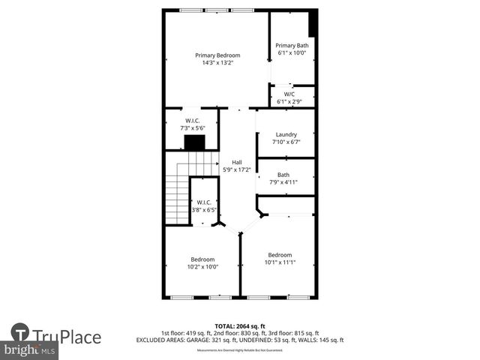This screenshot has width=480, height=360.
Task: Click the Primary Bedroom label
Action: click(217, 55)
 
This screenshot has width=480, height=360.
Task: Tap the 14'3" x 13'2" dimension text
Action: click(217, 63)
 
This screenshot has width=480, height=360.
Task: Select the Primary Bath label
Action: click(292, 46)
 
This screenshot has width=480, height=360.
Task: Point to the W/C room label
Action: click(289, 94)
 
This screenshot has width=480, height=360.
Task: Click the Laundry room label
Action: click(286, 134)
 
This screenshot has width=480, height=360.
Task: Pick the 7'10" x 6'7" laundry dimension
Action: click(286, 142)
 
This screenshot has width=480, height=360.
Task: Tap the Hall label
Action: click(237, 162)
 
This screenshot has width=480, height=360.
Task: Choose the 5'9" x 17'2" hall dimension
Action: click(237, 169)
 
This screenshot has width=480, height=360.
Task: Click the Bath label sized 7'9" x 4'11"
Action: click(283, 175)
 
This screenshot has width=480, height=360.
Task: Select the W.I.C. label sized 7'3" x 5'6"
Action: click(193, 121)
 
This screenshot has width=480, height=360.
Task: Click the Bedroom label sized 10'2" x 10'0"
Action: click(202, 259)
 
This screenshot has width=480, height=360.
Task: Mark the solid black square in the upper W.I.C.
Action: click(195, 143)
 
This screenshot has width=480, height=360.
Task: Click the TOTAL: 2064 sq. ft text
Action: click(240, 326)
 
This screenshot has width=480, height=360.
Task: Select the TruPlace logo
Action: click(57, 334)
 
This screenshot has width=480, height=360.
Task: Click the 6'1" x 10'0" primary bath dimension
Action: click(292, 53)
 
